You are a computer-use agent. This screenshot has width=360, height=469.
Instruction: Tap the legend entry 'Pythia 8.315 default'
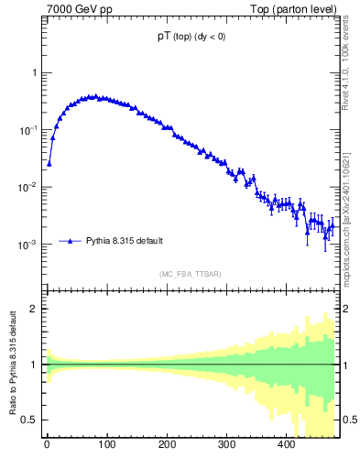click(125, 241)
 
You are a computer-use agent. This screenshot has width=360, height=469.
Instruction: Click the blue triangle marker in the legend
click(70, 241)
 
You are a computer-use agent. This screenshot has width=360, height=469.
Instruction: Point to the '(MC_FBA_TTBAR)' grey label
click(191, 274)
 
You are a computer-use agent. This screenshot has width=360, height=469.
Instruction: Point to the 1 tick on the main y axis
click(33, 73)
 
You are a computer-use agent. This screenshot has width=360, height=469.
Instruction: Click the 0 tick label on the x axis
click(47, 445)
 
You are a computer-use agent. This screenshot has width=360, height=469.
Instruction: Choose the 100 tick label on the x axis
click(106, 445)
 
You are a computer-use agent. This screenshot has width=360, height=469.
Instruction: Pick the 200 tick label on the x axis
click(167, 445)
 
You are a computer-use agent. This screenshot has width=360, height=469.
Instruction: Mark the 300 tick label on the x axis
click(226, 445)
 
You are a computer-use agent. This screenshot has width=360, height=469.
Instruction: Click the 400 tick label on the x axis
click(286, 445)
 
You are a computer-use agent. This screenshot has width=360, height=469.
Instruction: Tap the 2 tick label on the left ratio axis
click(33, 309)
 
